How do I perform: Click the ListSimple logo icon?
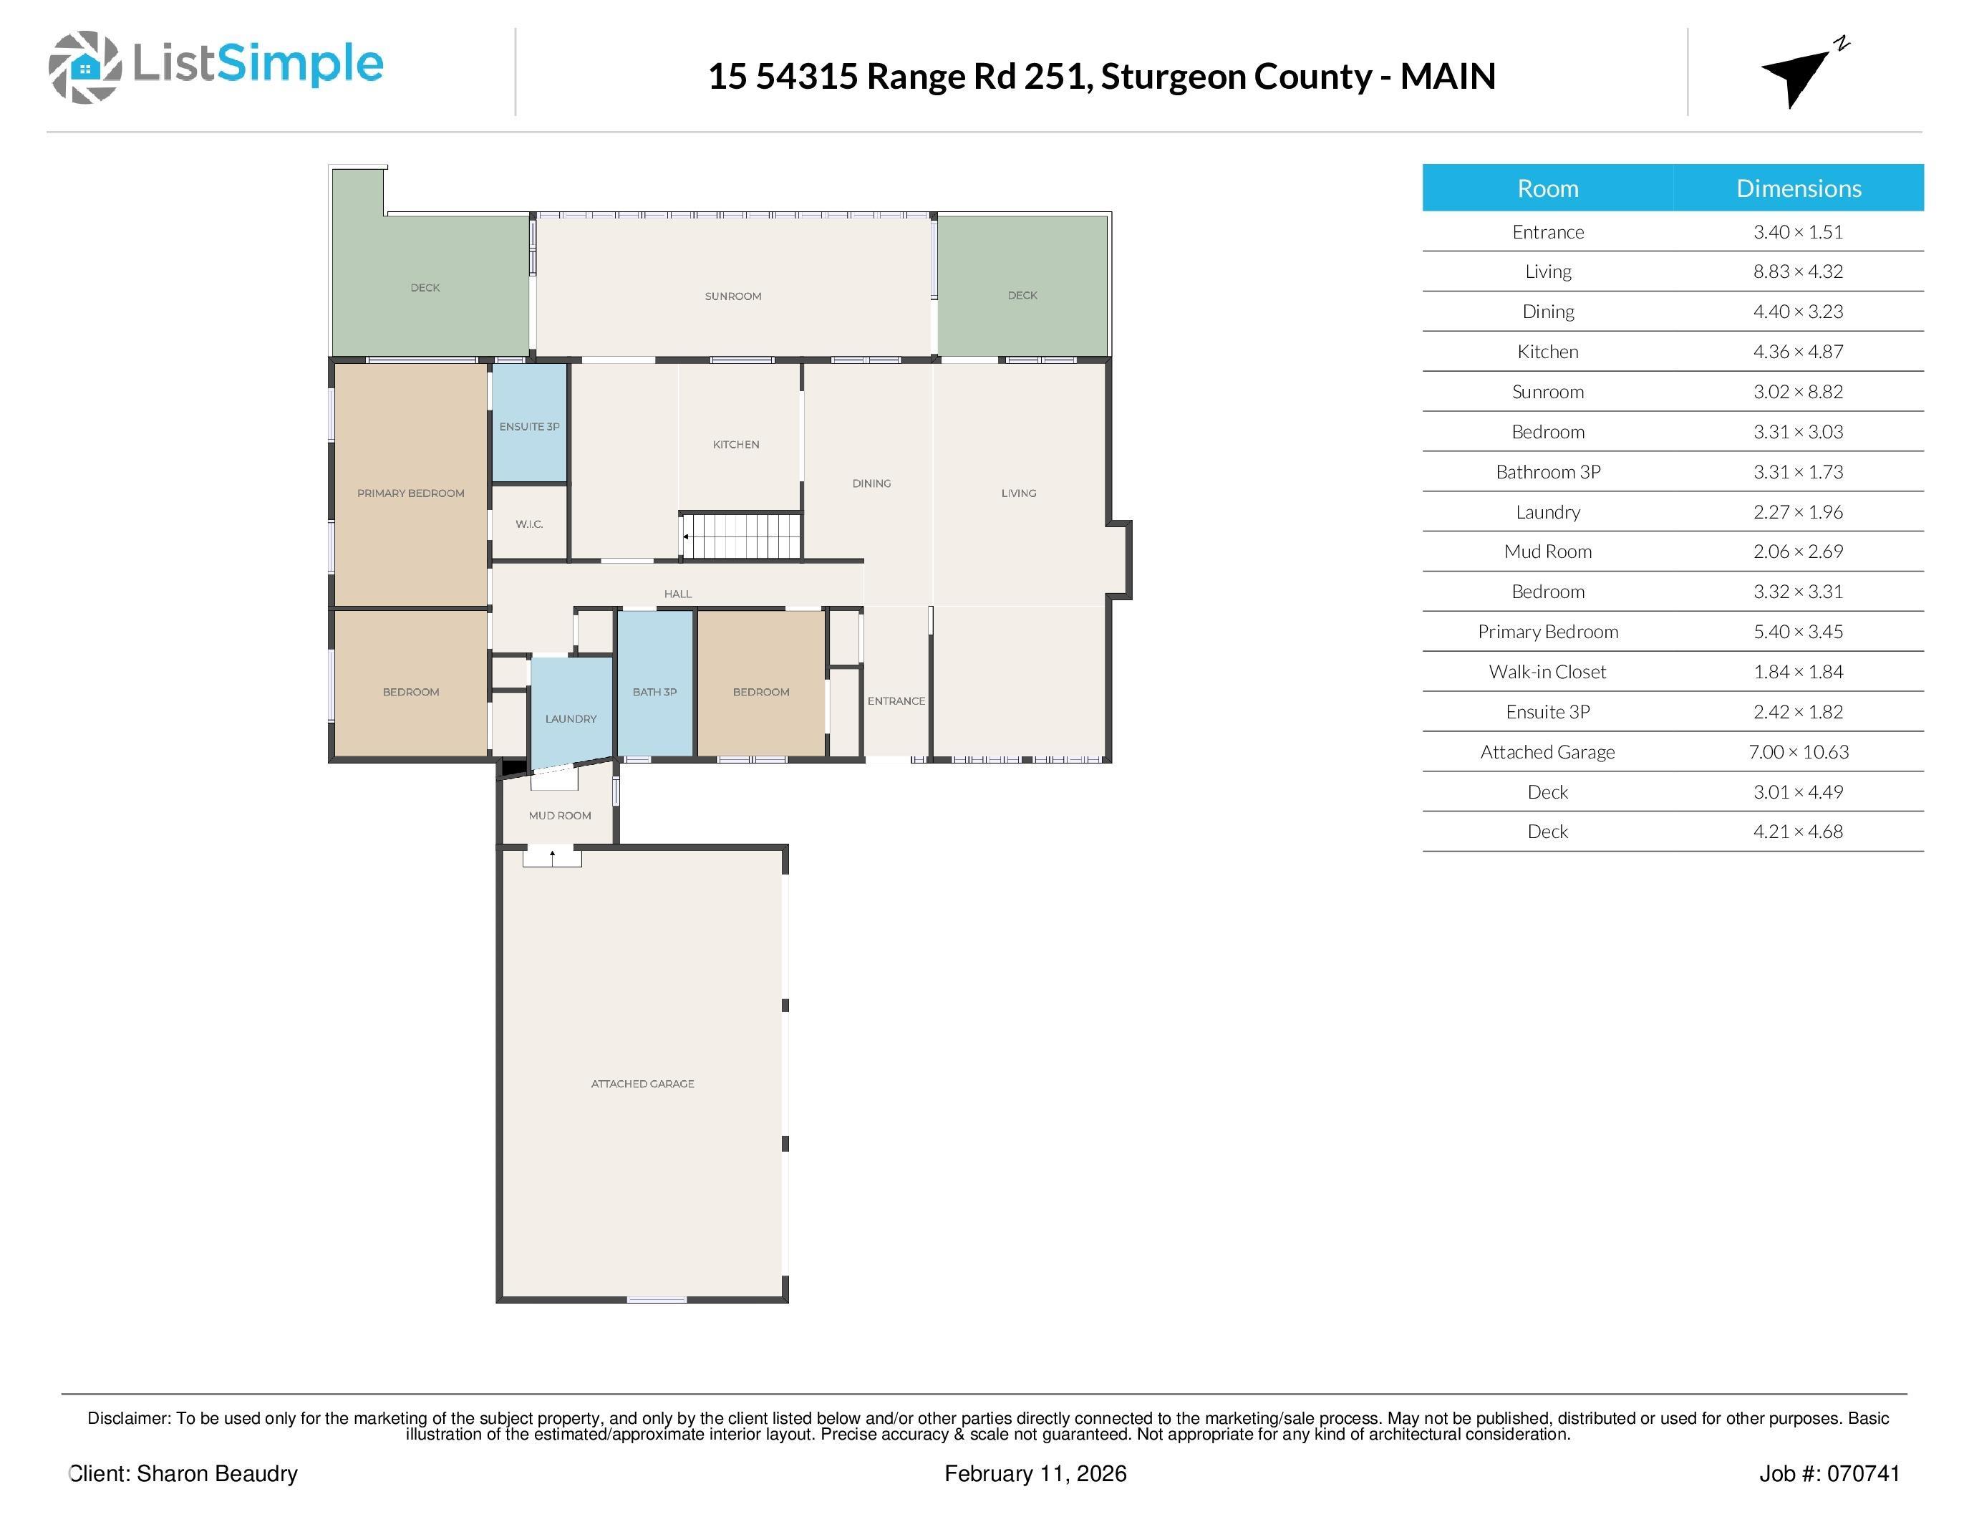pos(84,67)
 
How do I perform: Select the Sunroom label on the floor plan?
pos(733,297)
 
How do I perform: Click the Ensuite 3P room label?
pos(529,426)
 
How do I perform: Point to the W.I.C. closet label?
pos(529,524)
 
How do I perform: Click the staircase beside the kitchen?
pos(740,536)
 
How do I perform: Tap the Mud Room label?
pos(560,815)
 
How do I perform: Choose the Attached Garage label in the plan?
pos(643,1084)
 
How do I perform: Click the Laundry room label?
pos(571,718)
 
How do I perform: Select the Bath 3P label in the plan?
pos(654,693)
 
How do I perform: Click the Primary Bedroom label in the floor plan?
pos(411,493)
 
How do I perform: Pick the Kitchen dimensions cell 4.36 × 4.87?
pos(1798,352)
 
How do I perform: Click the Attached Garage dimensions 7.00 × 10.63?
pos(1798,752)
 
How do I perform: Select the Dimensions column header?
pos(1799,188)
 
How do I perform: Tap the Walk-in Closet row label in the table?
pos(1547,672)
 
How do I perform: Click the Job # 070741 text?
pos(1829,1474)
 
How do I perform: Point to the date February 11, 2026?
pos(1035,1474)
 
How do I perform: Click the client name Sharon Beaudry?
pos(217,1474)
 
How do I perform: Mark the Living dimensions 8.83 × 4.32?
pos(1798,271)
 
